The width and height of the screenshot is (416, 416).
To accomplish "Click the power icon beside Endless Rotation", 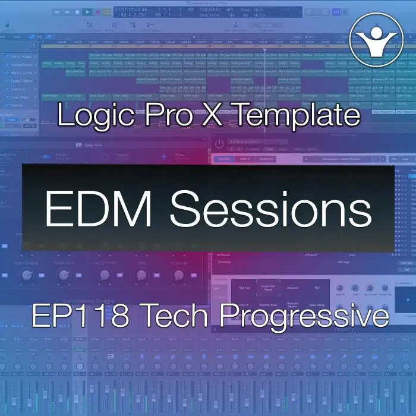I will [219, 144].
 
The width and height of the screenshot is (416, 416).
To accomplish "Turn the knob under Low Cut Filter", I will [105, 275].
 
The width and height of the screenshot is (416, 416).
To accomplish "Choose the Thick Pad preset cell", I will [244, 288].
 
